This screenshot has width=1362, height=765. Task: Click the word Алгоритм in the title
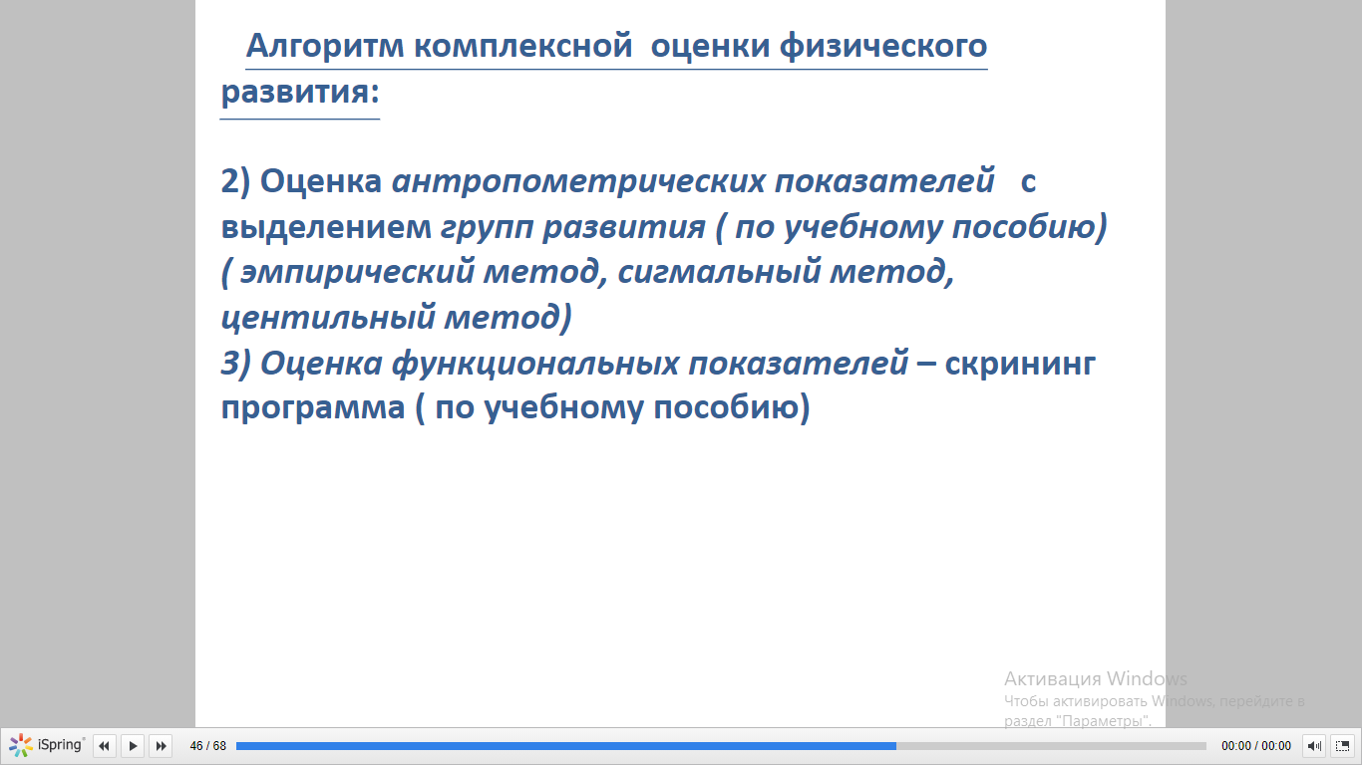pyautogui.click(x=325, y=46)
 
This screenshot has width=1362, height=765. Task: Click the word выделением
pyautogui.click(x=326, y=227)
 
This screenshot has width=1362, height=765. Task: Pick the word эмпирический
pyautogui.click(x=357, y=272)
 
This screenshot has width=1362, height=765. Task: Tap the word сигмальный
pyautogui.click(x=719, y=272)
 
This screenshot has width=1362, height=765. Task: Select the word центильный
pyautogui.click(x=328, y=318)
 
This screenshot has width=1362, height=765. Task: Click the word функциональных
pyautogui.click(x=535, y=364)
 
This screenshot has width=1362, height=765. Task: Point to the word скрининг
pyautogui.click(x=1020, y=364)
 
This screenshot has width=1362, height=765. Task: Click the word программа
pyautogui.click(x=312, y=408)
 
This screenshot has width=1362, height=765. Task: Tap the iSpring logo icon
pyautogui.click(x=21, y=745)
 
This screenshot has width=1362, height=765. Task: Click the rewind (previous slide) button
pyautogui.click(x=104, y=745)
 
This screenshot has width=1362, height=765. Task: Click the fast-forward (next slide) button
pyautogui.click(x=161, y=745)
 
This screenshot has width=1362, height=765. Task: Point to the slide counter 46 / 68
pyautogui.click(x=208, y=745)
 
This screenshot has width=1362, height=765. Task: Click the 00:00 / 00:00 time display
pyautogui.click(x=1256, y=745)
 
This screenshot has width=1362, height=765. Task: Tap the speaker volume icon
pyautogui.click(x=1314, y=745)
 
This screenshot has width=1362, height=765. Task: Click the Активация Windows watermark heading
pyautogui.click(x=1095, y=678)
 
